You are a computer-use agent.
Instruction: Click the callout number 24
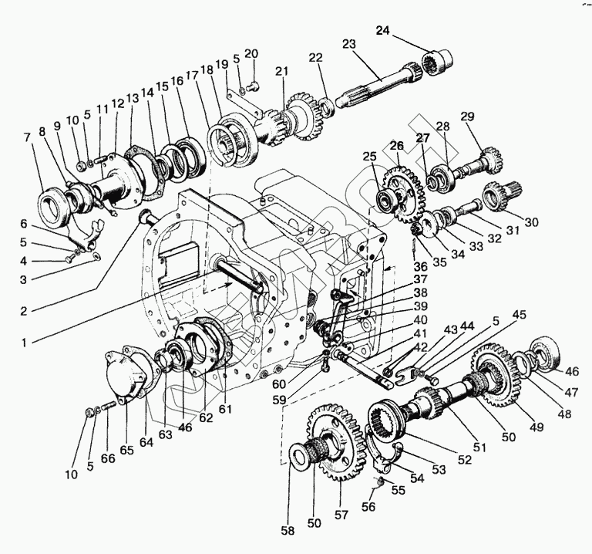pos(383,30)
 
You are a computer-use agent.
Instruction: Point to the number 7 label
pos(28,137)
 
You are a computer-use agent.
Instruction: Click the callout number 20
pos(251,53)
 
